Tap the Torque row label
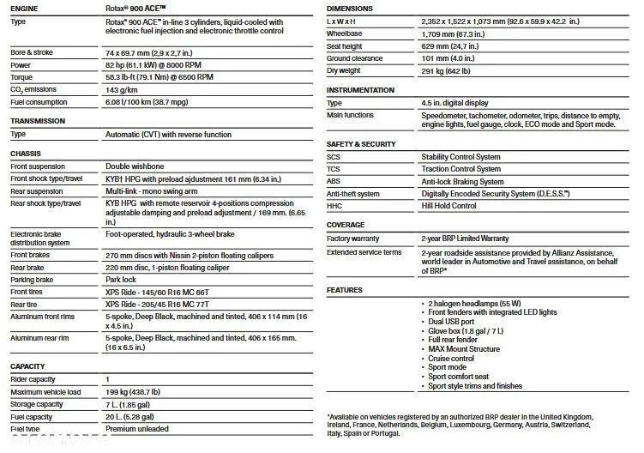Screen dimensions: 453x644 point(22,77)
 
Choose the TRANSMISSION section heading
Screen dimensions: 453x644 point(38,121)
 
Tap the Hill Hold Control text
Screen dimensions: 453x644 point(448,206)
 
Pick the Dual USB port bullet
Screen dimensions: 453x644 point(451,321)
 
